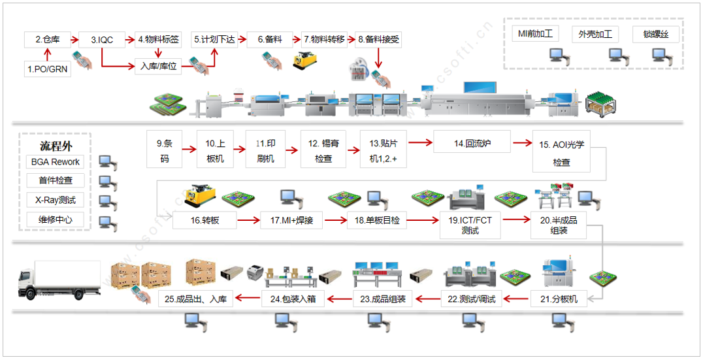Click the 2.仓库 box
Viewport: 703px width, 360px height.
click(47, 40)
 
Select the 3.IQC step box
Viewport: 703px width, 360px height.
click(101, 40)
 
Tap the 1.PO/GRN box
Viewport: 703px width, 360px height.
click(47, 68)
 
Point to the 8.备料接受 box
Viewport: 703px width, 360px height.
click(378, 40)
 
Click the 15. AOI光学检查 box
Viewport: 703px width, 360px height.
click(561, 153)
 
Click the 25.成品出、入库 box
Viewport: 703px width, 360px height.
click(196, 299)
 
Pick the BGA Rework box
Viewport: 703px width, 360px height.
click(56, 162)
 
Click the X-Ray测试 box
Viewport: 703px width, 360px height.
click(56, 200)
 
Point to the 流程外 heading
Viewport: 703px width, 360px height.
click(55, 144)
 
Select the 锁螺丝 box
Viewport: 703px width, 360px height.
click(655, 34)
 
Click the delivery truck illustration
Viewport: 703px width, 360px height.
click(59, 280)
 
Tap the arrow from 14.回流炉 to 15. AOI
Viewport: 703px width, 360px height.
click(521, 142)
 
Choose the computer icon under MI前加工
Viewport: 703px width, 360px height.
click(557, 54)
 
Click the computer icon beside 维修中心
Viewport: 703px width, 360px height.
click(106, 221)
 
